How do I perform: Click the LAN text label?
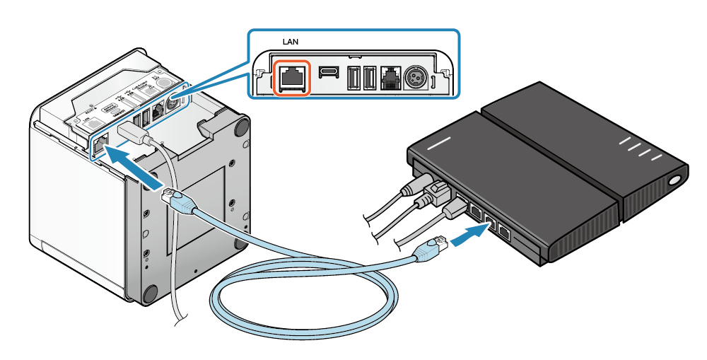point(291,42)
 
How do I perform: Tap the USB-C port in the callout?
point(328,74)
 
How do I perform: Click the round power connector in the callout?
point(415,77)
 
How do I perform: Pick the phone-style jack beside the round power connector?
point(390,76)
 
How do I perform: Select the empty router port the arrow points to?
point(489,220)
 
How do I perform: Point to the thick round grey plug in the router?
point(414,185)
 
